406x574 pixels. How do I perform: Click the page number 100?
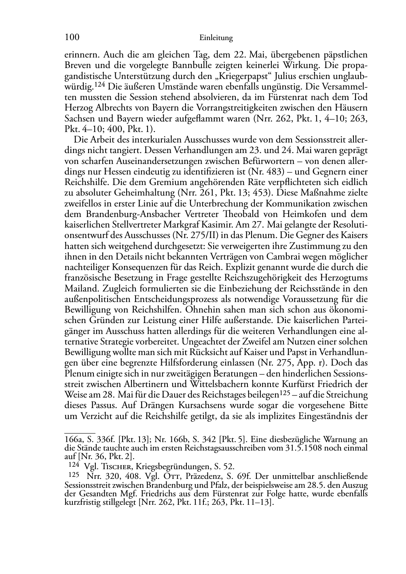coord(72,38)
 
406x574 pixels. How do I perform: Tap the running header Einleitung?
coord(216,38)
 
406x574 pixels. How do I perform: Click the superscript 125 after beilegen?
coord(287,392)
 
